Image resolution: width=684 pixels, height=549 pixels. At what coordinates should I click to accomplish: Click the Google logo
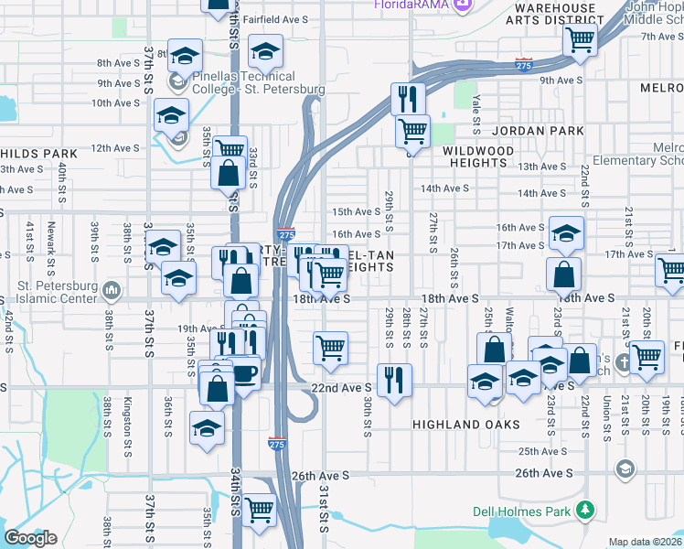pyautogui.click(x=31, y=538)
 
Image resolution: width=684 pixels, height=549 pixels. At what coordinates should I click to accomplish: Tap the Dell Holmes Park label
pyautogui.click(x=520, y=511)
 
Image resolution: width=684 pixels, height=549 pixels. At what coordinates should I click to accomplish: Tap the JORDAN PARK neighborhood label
pyautogui.click(x=539, y=131)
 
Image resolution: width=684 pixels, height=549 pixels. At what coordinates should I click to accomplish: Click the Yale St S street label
pyautogui.click(x=476, y=113)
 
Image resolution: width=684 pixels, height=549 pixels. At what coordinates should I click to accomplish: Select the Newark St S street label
pyautogui.click(x=52, y=239)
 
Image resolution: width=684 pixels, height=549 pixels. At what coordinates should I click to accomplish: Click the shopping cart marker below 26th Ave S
pyautogui.click(x=260, y=510)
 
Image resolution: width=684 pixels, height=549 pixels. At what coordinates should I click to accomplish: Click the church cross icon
pyautogui.click(x=622, y=360)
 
